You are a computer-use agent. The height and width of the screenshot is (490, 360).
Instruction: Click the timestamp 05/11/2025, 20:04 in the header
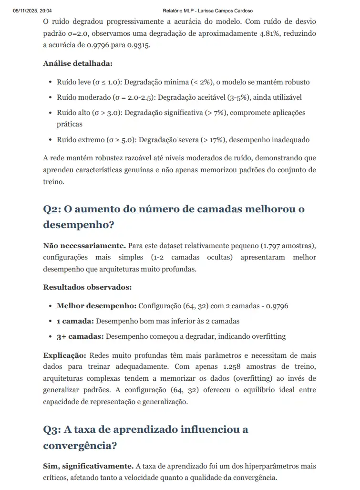[33, 10]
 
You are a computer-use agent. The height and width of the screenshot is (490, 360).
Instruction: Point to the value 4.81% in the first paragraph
[244, 33]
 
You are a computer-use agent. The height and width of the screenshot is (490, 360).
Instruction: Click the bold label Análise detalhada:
[78, 63]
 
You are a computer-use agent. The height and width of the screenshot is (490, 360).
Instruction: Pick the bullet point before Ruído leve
[50, 82]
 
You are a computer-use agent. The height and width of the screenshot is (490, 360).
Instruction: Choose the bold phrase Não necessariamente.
[84, 245]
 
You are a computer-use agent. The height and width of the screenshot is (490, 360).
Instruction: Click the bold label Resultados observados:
[87, 287]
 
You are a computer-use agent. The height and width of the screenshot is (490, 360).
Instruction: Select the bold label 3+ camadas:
[80, 336]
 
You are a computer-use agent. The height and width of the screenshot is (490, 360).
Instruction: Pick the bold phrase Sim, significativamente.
[88, 466]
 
